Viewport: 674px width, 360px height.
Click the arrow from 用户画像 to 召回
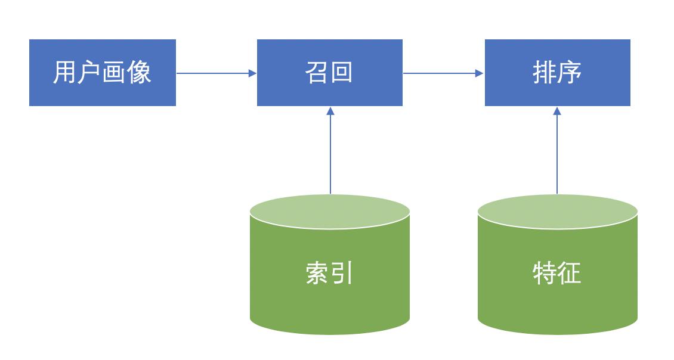[216, 73]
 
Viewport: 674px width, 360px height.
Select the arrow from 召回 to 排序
[443, 73]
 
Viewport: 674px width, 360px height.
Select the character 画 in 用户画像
[115, 73]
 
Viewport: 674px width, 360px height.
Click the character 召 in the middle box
[317, 73]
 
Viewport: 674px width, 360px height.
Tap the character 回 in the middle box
[342, 73]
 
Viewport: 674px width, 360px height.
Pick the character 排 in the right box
[545, 73]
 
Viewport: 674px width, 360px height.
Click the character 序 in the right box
[570, 73]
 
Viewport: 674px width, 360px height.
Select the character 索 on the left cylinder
[317, 274]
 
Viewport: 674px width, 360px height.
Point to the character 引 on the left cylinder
[342, 274]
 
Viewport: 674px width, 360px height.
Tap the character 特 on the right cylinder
[545, 274]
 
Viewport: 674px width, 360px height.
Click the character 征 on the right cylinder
[570, 274]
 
